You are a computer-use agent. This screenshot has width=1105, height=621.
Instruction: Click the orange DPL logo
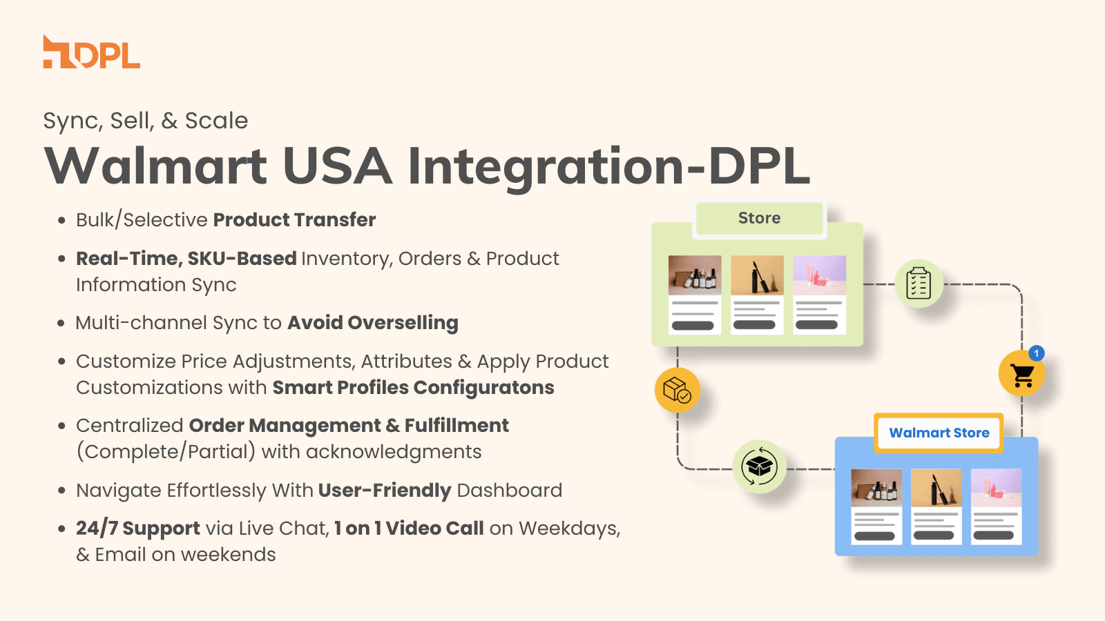coord(91,52)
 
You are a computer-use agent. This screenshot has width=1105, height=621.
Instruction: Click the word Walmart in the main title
coord(156,166)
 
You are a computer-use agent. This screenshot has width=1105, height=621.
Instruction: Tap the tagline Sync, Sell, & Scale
coord(145,121)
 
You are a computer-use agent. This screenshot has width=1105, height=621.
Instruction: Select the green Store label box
coord(759,218)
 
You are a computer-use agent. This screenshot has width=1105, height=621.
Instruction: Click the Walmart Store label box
coord(939,433)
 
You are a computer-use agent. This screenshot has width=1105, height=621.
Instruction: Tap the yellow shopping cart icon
coord(1021,375)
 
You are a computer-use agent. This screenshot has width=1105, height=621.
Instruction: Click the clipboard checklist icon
coord(919,284)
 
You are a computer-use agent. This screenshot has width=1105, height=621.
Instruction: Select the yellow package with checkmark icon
coord(677,390)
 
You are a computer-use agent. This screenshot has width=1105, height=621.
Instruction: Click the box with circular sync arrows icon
coord(759,467)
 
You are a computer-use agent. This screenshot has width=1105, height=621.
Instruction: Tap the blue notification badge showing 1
coord(1036,353)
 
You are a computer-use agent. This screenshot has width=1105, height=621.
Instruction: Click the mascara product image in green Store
coord(757,275)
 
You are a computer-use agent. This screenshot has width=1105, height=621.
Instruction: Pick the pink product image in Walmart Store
coord(996,488)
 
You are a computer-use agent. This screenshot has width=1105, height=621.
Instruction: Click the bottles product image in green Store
coord(695,275)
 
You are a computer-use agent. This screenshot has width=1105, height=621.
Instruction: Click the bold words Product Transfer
coord(294,220)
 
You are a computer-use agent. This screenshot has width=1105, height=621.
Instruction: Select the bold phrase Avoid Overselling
coord(373,323)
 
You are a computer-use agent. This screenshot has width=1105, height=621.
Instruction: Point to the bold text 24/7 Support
coord(137,529)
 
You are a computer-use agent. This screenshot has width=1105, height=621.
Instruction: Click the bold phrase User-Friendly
coord(384,491)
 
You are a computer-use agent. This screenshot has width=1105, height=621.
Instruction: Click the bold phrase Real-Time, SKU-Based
coord(186,259)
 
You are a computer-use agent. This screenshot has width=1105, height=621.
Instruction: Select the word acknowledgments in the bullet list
coord(394,452)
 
